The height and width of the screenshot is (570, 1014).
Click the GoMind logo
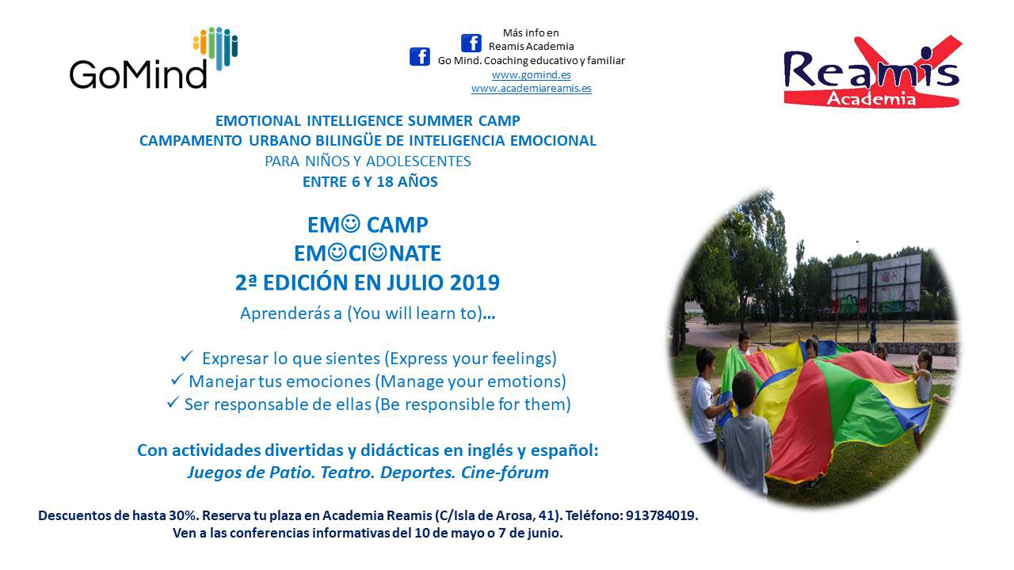(x=154, y=58)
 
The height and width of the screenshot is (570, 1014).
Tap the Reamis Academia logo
(x=872, y=72)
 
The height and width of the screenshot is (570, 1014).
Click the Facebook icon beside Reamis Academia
(x=471, y=44)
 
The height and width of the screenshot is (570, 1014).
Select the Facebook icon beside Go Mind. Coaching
(x=420, y=57)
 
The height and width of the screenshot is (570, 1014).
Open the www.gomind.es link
(x=531, y=74)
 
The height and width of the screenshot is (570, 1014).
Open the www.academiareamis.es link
(x=531, y=88)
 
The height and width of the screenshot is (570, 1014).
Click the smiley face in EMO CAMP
(x=350, y=223)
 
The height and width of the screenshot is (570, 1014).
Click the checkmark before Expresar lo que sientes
(x=187, y=356)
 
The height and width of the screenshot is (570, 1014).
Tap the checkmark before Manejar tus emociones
(x=177, y=379)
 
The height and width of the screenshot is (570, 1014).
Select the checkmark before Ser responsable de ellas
(x=173, y=401)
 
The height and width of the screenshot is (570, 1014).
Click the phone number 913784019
(x=661, y=515)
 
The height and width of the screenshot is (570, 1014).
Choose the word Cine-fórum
(x=505, y=473)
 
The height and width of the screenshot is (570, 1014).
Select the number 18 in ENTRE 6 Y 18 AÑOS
(x=385, y=182)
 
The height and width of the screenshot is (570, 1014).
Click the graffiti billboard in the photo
(x=876, y=285)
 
